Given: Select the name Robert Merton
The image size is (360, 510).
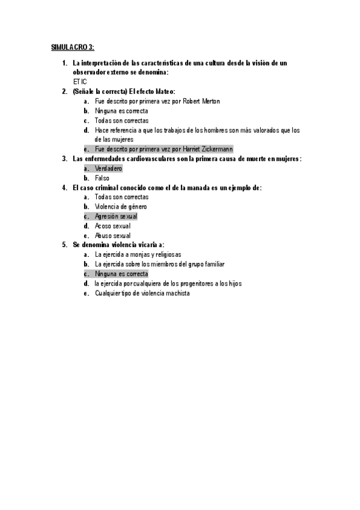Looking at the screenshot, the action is [x=201, y=101].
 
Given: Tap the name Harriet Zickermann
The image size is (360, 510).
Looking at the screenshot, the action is [x=207, y=149].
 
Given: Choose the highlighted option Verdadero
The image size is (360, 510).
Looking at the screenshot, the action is [x=108, y=168].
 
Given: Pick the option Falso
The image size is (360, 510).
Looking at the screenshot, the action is [x=102, y=178].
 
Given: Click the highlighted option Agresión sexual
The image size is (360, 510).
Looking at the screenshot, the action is [x=116, y=216].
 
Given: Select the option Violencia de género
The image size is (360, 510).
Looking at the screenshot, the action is [x=121, y=206].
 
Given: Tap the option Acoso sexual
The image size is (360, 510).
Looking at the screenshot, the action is [x=112, y=226].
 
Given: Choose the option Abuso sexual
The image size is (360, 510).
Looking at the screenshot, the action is [x=112, y=235].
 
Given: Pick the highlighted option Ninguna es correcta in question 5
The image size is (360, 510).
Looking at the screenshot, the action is [x=121, y=274].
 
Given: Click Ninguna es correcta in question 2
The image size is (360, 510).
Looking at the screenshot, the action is [x=121, y=111].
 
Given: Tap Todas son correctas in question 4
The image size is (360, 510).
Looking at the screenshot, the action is [x=121, y=197].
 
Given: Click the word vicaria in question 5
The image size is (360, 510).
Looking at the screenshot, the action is [x=142, y=245].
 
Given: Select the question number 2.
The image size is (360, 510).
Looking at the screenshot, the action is [x=64, y=91].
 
